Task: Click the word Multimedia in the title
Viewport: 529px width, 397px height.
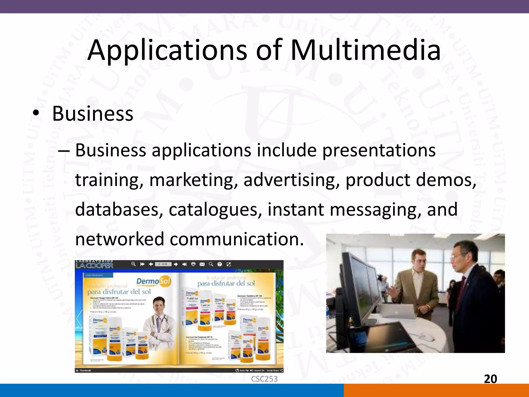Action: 365,50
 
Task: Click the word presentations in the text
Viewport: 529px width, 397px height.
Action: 379,150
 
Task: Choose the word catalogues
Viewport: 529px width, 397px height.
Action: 213,210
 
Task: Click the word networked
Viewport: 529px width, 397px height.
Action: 120,239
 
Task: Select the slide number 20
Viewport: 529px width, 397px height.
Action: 490,379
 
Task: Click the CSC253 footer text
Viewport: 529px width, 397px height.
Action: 264,379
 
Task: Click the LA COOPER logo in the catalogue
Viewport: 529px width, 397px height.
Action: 94,265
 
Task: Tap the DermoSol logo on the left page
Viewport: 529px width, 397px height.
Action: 153,281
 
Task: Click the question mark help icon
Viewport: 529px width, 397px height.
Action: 220,264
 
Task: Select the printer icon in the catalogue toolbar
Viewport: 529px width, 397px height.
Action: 193,264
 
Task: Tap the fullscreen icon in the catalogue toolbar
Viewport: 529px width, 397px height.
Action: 229,264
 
